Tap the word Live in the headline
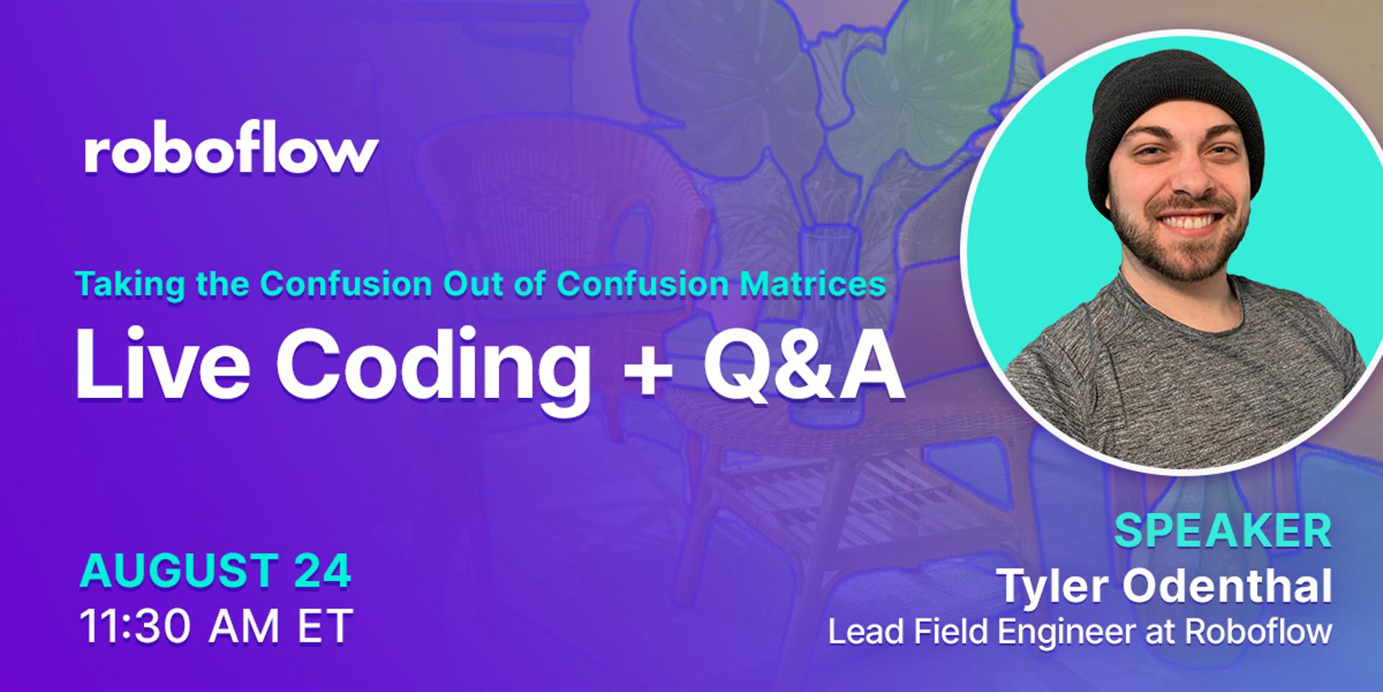coord(163,364)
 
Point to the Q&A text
coord(804,364)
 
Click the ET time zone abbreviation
coord(325,626)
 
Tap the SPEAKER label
coord(1223,531)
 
